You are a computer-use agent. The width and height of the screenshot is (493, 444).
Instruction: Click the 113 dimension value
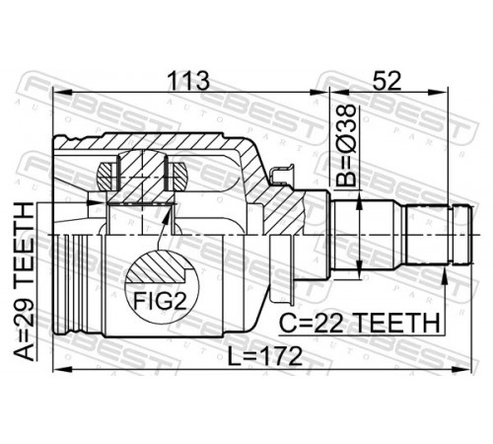point(188,81)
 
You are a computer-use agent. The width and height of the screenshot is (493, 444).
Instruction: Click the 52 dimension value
point(387,81)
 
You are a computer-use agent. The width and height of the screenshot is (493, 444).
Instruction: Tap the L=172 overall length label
point(265,356)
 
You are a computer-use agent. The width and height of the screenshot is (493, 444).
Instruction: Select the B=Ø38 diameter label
point(346,146)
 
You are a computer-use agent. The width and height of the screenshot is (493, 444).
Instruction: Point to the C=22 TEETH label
point(359,323)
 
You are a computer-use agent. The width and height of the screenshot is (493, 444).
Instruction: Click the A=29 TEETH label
point(25,281)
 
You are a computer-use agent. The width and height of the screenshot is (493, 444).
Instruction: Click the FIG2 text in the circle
point(160,301)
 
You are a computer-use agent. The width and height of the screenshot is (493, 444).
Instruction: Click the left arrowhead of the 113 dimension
point(62,93)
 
